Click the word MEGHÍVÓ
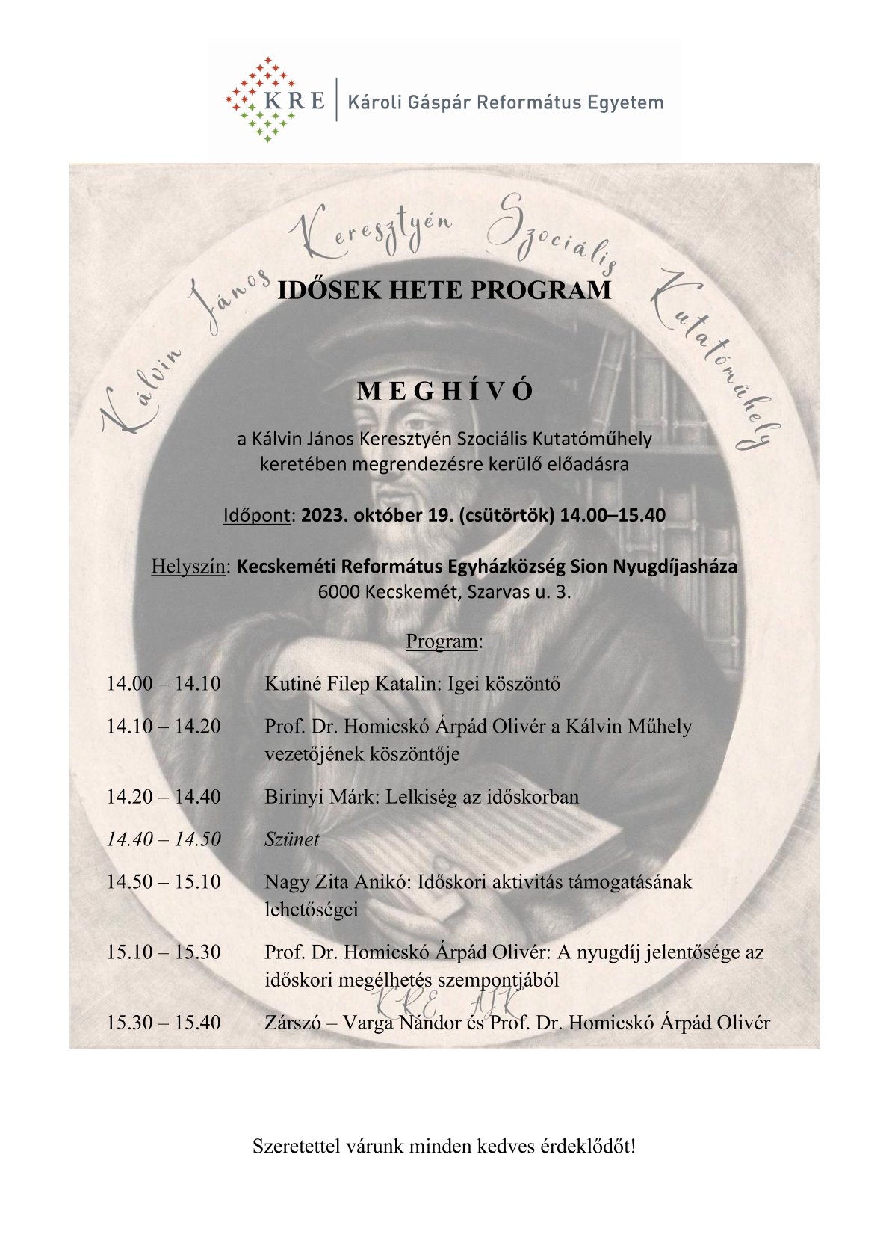[445, 392]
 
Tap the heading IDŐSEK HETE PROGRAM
[444, 290]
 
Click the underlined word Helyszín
[188, 567]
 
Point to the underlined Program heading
[444, 641]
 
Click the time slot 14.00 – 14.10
[164, 683]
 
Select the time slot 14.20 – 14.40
[164, 797]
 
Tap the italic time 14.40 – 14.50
[164, 839]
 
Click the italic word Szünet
[291, 839]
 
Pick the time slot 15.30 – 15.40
[164, 1023]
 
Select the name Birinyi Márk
[322, 797]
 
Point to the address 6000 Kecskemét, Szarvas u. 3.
[444, 592]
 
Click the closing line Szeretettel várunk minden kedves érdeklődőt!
[444, 1145]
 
